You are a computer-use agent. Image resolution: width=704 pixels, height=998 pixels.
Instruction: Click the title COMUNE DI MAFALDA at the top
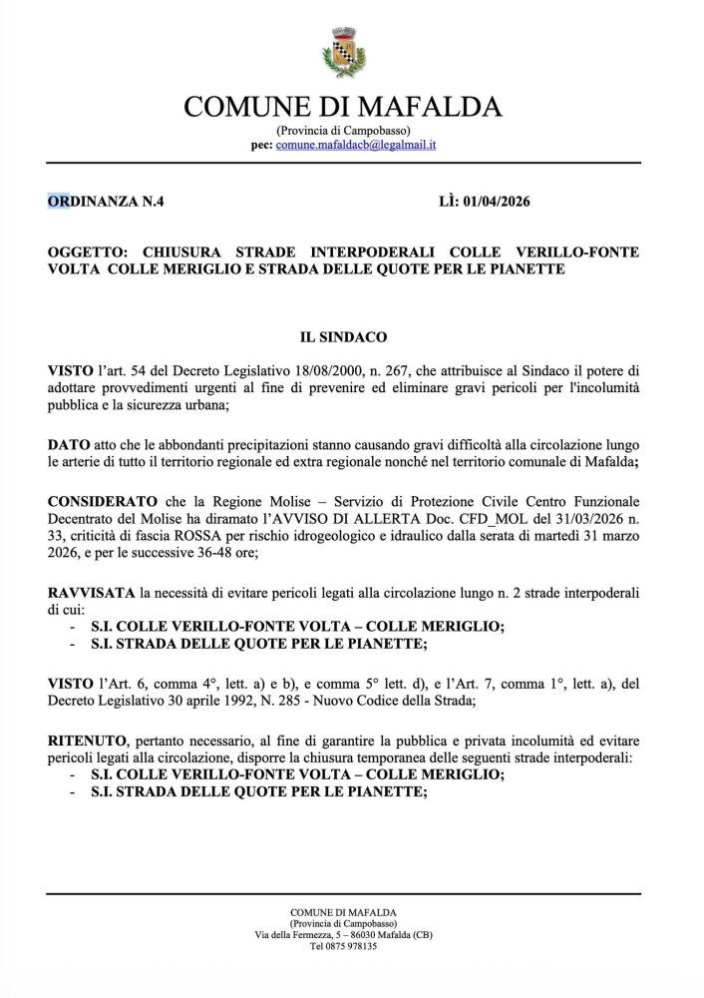pos(343,107)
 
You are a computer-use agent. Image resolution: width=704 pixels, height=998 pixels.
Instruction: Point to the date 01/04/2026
pos(495,202)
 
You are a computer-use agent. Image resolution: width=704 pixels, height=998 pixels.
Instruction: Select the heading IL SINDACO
pos(343,338)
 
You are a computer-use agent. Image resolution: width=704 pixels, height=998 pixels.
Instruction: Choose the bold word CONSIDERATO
pos(103,498)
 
